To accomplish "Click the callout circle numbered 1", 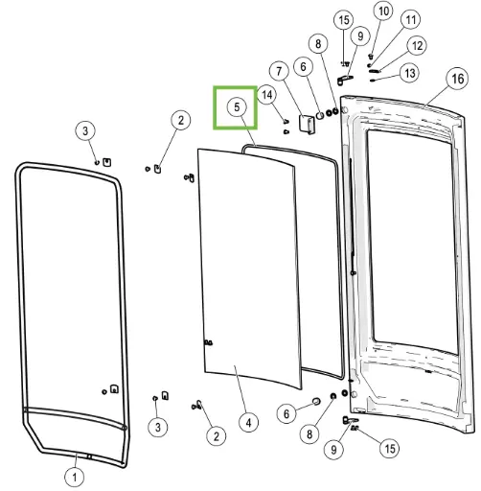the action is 75,478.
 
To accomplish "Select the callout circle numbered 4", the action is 249,423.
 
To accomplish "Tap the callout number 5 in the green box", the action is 237,106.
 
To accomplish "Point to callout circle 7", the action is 279,71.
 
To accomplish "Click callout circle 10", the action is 383,12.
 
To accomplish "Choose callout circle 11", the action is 410,20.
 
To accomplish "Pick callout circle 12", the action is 417,46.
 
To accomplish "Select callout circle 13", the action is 410,73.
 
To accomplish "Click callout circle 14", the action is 267,95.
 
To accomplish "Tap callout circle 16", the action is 457,79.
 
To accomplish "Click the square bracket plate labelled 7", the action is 307,123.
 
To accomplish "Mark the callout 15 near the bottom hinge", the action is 390,449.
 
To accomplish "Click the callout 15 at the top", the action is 344,20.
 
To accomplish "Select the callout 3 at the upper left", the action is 85,130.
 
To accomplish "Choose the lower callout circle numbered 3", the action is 158,427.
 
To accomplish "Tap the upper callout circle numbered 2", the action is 181,120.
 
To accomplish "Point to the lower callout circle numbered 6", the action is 286,414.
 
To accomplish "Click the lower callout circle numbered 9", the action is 333,450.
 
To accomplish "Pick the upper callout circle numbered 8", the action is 318,44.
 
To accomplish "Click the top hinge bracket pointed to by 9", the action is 344,80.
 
